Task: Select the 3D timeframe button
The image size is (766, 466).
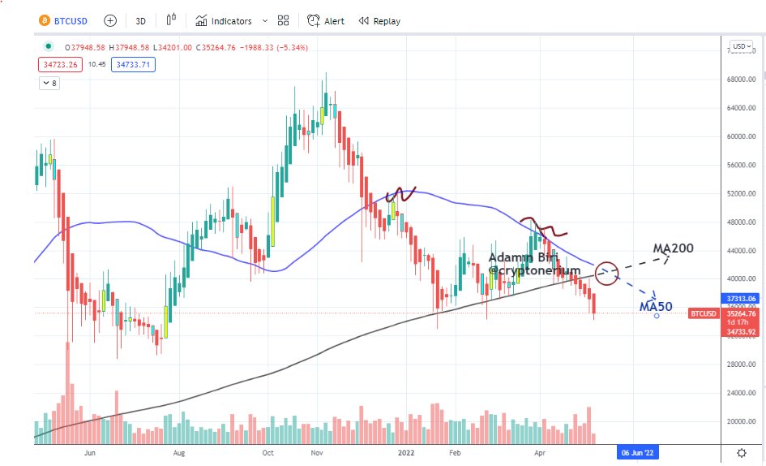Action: tap(140, 21)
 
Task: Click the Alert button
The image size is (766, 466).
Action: tap(326, 21)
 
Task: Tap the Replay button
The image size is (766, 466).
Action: tap(379, 21)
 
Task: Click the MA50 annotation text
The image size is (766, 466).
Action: tap(656, 306)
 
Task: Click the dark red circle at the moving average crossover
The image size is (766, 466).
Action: tap(606, 271)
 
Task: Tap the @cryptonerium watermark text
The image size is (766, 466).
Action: tap(534, 270)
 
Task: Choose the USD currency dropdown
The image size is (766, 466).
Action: tap(739, 46)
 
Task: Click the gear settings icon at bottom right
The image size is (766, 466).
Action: tap(742, 452)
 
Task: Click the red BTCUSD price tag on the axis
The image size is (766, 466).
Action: tap(702, 313)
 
